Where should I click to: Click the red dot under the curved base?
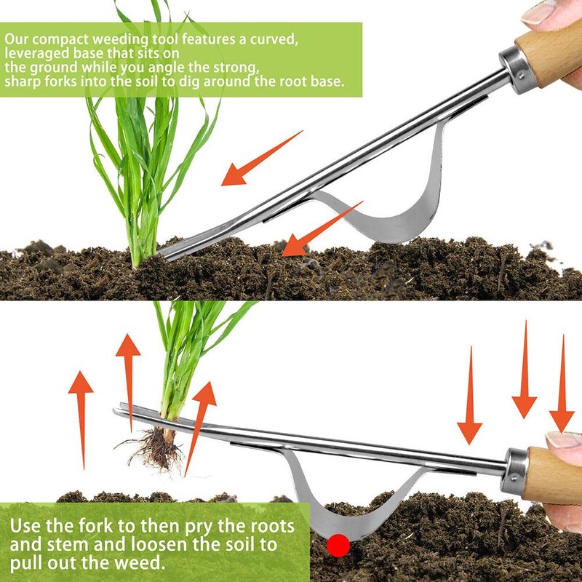338,545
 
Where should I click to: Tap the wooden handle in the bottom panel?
552,475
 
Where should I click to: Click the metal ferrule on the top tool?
515,70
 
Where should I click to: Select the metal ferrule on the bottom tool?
514,471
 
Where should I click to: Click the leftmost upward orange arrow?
81,420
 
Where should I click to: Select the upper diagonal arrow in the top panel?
262,158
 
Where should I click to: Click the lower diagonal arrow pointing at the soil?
322,228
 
